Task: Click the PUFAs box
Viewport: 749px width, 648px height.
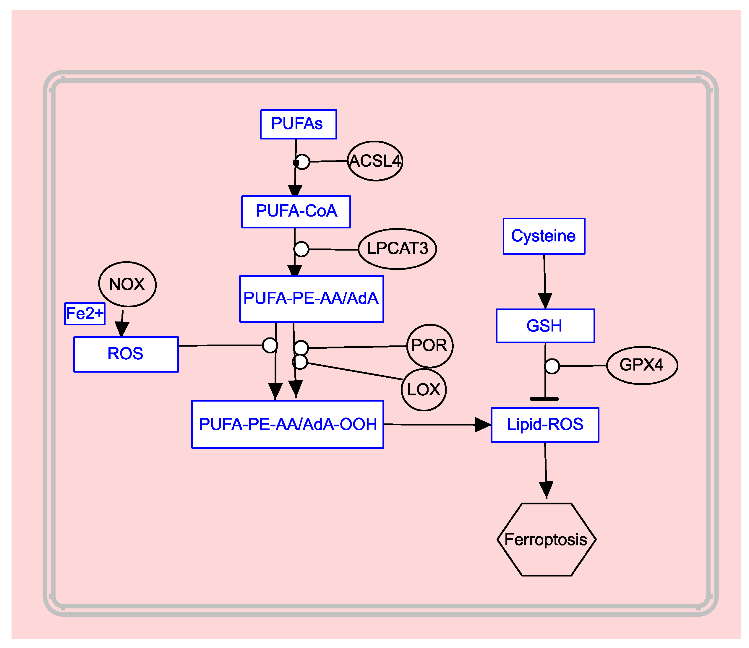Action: (x=298, y=124)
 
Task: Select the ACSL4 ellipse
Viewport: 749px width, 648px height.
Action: (x=375, y=161)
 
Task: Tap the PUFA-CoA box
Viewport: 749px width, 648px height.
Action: (x=296, y=212)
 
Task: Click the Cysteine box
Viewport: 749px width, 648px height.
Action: (x=544, y=236)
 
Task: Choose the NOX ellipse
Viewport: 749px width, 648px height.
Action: (x=127, y=284)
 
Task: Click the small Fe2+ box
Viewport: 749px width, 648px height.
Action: (x=85, y=314)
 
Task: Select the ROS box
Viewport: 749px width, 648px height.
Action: (x=126, y=354)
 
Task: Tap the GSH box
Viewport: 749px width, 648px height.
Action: (x=545, y=326)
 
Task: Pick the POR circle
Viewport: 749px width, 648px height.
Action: (x=430, y=346)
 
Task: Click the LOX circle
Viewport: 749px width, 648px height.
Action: (x=424, y=390)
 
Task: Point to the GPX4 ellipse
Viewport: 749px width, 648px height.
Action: (x=642, y=365)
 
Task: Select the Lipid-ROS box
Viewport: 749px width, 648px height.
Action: (x=545, y=425)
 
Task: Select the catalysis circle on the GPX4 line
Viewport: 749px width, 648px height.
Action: (x=552, y=366)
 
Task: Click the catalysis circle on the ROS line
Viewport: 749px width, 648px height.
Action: (x=270, y=345)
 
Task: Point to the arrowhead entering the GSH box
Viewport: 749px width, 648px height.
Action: (x=545, y=301)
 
